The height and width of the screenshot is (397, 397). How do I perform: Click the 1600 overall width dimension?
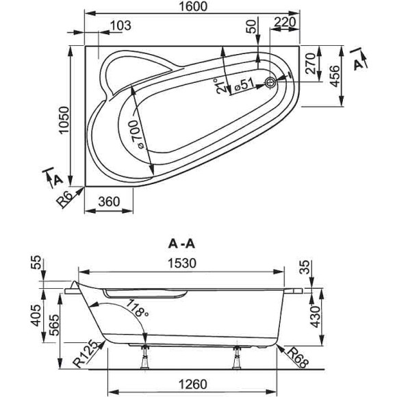pyautogui.click(x=192, y=7)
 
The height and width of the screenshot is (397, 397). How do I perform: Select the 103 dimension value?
pyautogui.click(x=120, y=26)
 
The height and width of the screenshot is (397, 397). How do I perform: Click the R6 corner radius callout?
pyautogui.click(x=65, y=198)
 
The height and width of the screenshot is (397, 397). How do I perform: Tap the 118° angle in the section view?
pyautogui.click(x=138, y=312)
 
